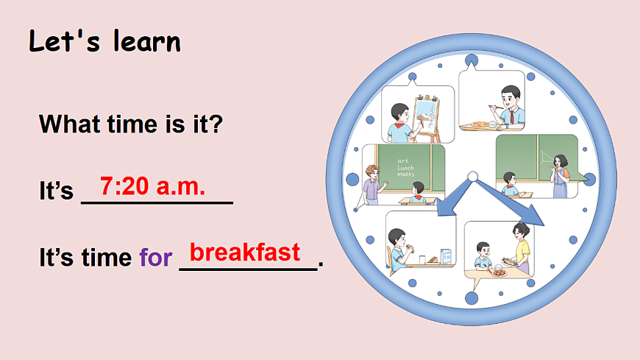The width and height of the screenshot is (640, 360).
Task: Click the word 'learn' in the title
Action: (x=146, y=41)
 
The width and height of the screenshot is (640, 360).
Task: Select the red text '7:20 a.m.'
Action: (x=152, y=187)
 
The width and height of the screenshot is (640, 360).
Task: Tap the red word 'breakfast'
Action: (x=245, y=253)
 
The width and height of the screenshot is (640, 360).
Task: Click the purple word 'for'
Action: (x=155, y=258)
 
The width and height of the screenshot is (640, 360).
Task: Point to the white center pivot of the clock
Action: (x=472, y=177)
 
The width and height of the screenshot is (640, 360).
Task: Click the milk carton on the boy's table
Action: (x=445, y=256)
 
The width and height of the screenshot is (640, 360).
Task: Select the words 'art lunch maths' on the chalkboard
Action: (x=405, y=167)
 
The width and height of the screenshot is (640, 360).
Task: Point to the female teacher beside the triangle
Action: (x=561, y=175)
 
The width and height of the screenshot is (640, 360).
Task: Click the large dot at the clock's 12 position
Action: (x=471, y=59)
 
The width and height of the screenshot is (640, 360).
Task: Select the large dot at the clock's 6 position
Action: (x=471, y=297)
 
